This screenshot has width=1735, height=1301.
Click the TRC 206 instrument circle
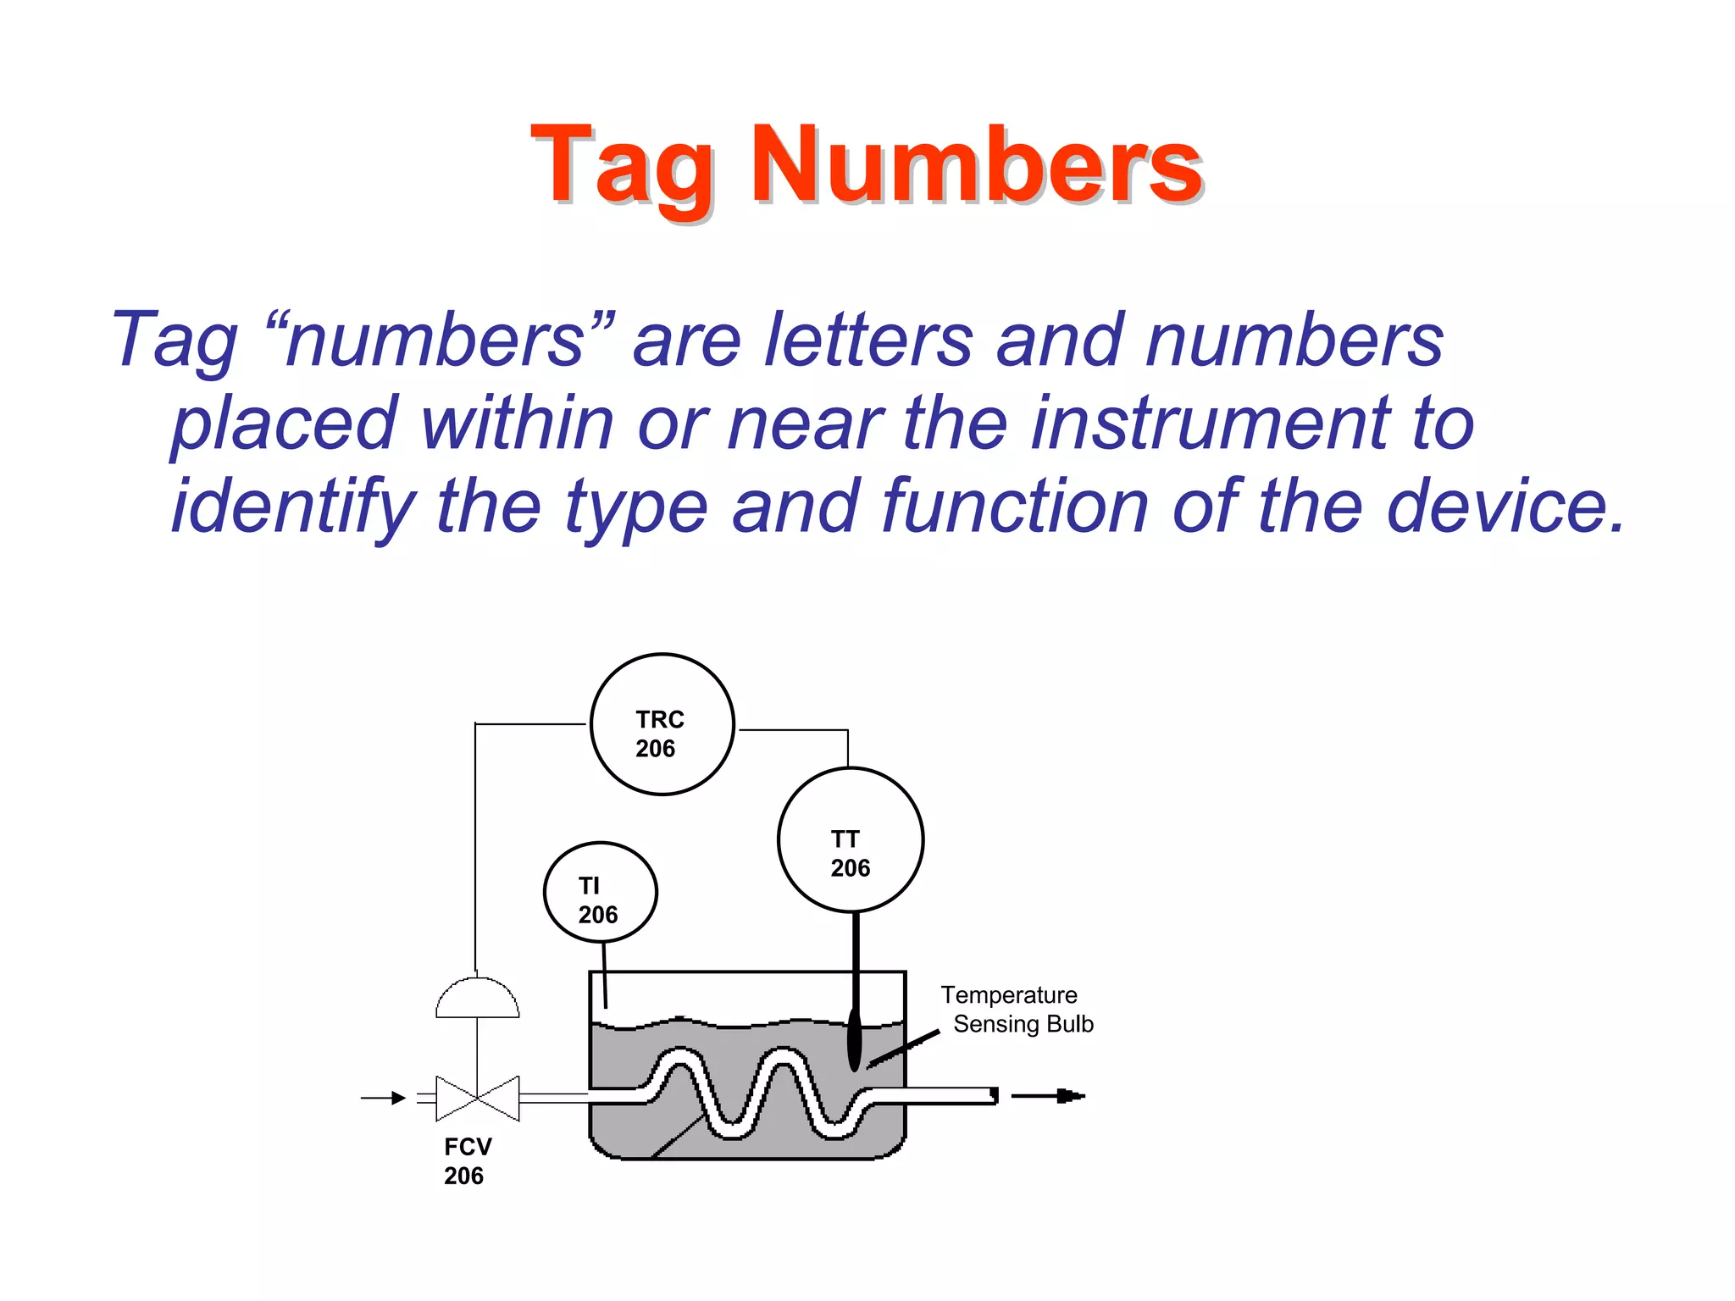click(x=662, y=724)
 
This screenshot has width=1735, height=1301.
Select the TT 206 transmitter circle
click(x=850, y=839)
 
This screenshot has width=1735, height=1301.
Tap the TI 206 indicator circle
click(x=600, y=892)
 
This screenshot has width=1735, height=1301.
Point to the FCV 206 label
click(x=467, y=1160)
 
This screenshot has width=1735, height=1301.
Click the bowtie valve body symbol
click(x=477, y=1098)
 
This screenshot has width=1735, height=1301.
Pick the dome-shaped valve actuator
click(x=477, y=999)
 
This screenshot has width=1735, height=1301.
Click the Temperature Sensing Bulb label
click(x=1016, y=1010)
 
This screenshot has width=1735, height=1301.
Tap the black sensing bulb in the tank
click(x=854, y=1039)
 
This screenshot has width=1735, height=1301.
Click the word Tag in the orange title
click(x=622, y=167)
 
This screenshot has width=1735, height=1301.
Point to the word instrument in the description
click(x=1211, y=423)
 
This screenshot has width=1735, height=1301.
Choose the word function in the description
click(x=1016, y=506)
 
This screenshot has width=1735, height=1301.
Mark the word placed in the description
click(x=284, y=424)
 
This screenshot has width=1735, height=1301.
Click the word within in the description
click(x=518, y=423)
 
